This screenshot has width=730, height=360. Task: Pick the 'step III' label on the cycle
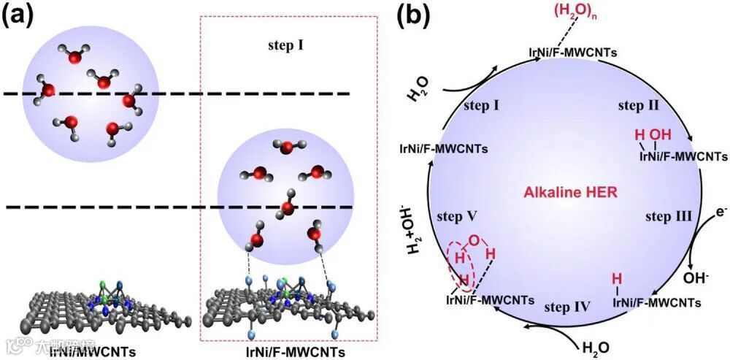[x=669, y=217]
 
